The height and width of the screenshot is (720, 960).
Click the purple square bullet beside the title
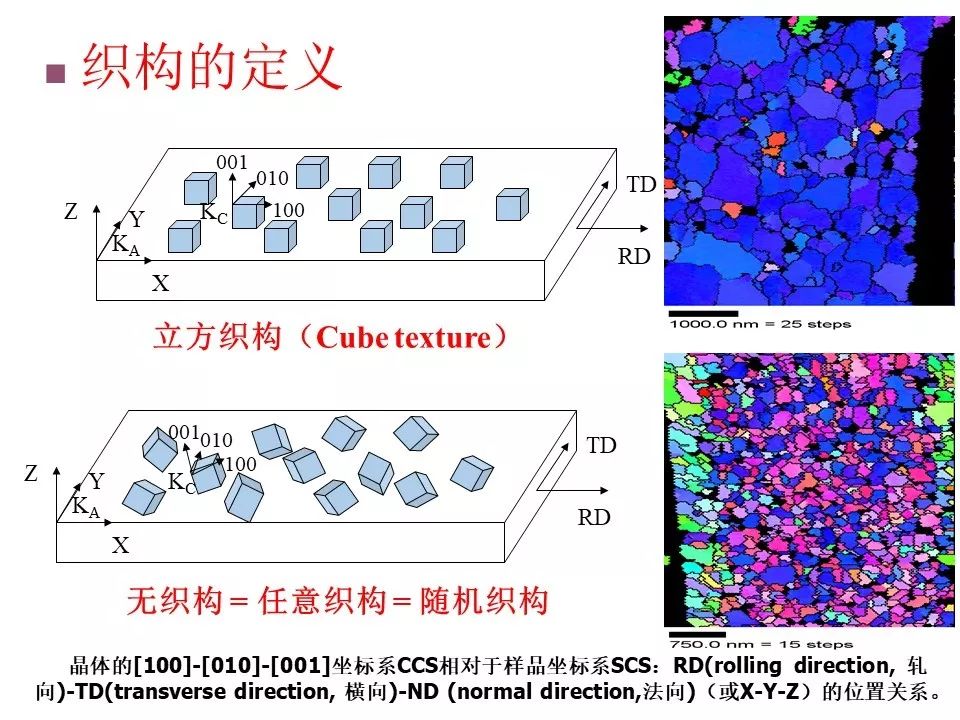coord(56,73)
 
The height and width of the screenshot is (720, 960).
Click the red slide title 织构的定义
coord(212,67)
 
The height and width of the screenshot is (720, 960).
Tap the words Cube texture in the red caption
coord(403,337)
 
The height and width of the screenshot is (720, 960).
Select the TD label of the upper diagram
coord(641,184)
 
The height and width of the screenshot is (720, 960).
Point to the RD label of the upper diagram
coord(634,256)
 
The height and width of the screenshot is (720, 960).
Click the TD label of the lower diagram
coord(601,445)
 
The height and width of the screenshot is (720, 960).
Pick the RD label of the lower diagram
coord(594,517)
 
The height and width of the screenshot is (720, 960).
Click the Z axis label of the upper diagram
coord(71,211)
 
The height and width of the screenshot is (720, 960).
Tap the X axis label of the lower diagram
coord(121,545)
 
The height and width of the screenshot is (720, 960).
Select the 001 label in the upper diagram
coord(232,162)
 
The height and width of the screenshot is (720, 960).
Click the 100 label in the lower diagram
coord(241,464)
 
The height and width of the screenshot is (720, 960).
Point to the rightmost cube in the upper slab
coord(512,204)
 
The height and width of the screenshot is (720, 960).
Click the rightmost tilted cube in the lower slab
coord(472,473)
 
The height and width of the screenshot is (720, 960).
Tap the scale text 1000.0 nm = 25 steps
coord(760,324)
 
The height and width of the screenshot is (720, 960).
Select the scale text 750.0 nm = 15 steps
coord(760,644)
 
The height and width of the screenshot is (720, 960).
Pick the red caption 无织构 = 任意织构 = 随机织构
coord(337,600)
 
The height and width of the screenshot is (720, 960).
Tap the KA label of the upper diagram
coord(126,246)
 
